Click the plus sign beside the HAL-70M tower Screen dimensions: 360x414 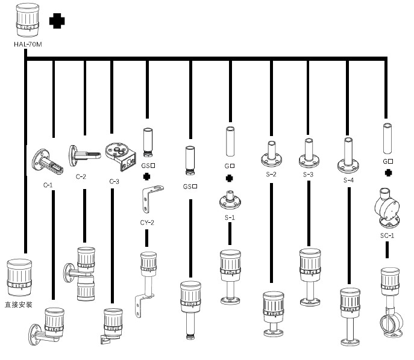[57, 21]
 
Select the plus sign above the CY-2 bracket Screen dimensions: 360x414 [146, 177]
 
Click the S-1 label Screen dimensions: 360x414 [230, 217]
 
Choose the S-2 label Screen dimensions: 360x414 [271, 175]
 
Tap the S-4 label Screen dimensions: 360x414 [348, 179]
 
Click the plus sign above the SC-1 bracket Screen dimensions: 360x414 [388, 173]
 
